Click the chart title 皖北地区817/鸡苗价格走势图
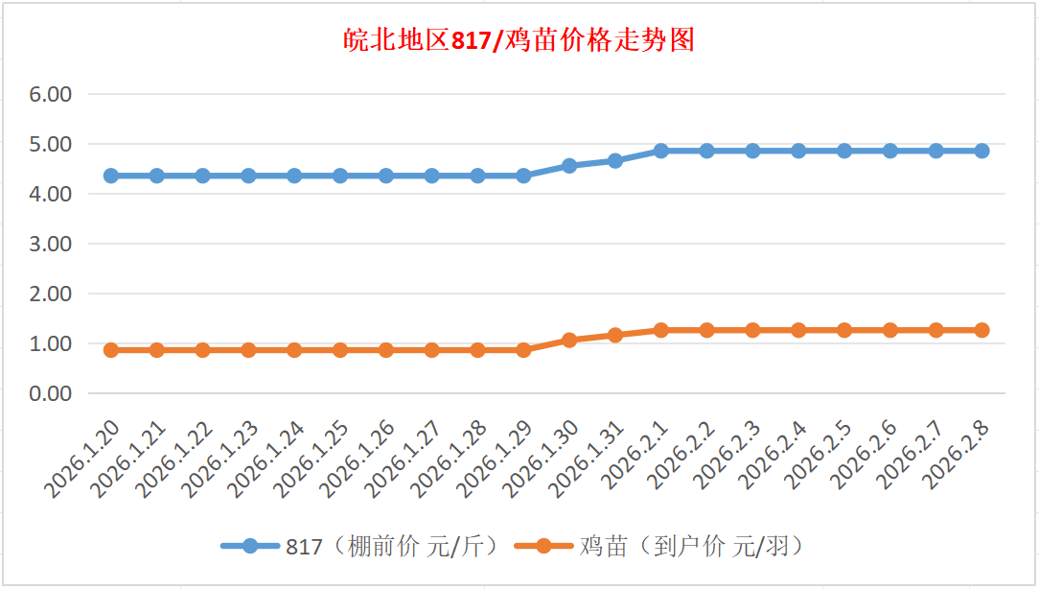[519, 40]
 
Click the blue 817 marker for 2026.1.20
[111, 176]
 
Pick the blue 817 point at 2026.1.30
[569, 166]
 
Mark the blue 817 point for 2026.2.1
[661, 151]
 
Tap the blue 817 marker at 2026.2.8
[981, 151]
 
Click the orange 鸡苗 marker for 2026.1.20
[111, 350]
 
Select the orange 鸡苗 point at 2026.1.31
[615, 335]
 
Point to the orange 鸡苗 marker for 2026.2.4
[798, 330]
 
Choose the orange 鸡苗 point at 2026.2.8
[981, 330]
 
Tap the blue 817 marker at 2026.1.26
[386, 176]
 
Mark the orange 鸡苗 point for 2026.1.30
[569, 340]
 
